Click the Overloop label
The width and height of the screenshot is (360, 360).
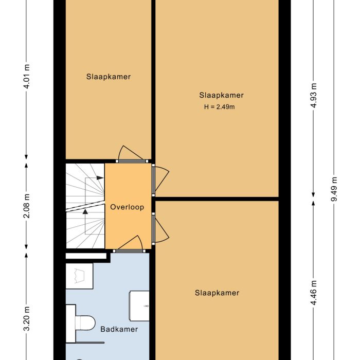tap(127, 207)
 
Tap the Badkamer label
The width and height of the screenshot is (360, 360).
tap(119, 329)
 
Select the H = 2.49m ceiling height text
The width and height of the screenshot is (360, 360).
tap(220, 107)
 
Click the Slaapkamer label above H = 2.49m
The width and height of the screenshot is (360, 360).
tap(221, 95)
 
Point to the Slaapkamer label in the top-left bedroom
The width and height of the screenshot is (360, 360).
tap(108, 77)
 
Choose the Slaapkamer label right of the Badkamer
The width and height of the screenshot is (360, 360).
tap(217, 293)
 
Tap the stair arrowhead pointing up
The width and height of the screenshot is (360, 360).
tap(85, 210)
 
